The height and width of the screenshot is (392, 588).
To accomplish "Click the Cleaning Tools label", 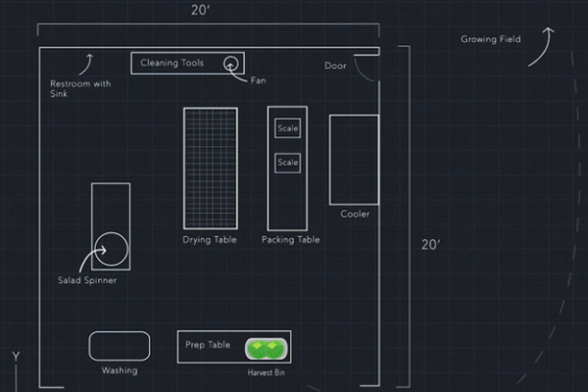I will (x=171, y=63).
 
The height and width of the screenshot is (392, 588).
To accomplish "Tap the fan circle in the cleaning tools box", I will (x=232, y=64).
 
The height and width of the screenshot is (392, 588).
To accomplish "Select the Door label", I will (x=335, y=66).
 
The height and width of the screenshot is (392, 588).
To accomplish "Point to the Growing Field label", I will (x=491, y=39).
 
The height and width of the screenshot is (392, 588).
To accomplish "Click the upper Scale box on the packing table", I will (x=287, y=128).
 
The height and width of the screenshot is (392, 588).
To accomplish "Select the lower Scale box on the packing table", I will (x=287, y=162).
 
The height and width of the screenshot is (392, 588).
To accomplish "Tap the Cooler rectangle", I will (x=354, y=159).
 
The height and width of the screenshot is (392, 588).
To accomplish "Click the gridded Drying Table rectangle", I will (x=211, y=168).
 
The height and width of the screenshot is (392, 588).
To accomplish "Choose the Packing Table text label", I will (x=291, y=239).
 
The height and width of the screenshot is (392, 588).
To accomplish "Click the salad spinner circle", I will (x=112, y=250).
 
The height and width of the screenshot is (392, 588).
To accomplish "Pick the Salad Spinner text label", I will (x=87, y=280).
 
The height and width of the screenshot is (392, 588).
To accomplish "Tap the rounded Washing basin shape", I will (x=120, y=346).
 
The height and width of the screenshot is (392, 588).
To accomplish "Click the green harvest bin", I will (x=266, y=347).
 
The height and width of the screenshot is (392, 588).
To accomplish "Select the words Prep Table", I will (x=208, y=345).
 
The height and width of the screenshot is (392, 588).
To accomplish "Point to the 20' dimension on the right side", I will (x=431, y=245).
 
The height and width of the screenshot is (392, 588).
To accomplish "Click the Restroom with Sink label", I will (x=80, y=88).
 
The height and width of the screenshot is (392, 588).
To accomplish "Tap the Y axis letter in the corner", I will (x=15, y=355).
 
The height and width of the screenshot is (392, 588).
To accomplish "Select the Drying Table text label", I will (x=211, y=239).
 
